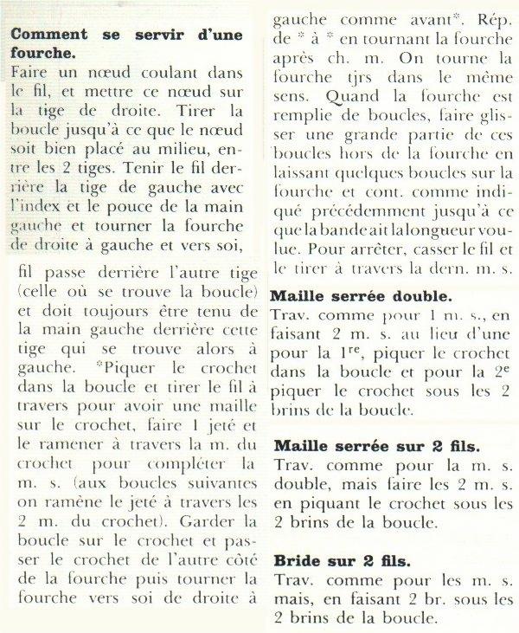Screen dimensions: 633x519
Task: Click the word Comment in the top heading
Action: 44,36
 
